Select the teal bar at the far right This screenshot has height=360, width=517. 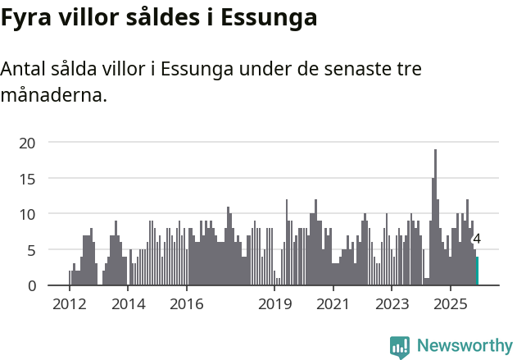[477, 271]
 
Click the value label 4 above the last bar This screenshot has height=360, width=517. [477, 239]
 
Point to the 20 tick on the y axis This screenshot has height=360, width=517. [28, 143]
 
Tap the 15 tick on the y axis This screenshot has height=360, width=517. [28, 178]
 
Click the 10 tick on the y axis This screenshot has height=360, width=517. [28, 214]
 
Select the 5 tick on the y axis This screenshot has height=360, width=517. [31, 249]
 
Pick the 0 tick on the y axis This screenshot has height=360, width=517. [31, 285]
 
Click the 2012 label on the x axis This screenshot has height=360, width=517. [69, 304]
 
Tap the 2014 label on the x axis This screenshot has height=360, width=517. [128, 304]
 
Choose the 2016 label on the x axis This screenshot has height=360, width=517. [187, 304]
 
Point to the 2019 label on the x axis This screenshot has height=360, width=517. [274, 304]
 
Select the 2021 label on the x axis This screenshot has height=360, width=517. [333, 304]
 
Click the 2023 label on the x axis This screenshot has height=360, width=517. [392, 304]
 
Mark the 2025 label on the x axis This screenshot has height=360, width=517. [450, 304]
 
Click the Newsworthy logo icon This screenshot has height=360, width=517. [400, 347]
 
